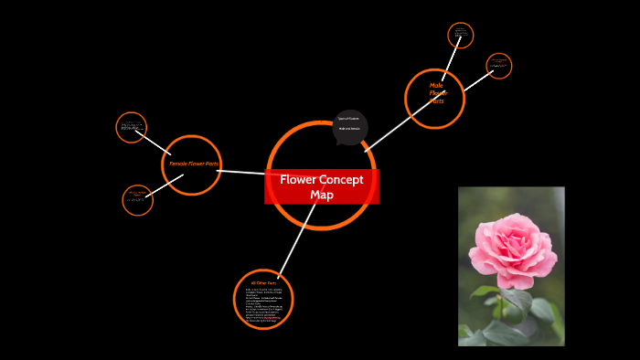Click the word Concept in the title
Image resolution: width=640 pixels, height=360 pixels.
tap(339, 180)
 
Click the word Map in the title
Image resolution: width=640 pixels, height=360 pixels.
tap(322, 195)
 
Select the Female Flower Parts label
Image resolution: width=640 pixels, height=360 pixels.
tap(193, 164)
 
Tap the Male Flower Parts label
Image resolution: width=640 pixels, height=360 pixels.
tap(437, 92)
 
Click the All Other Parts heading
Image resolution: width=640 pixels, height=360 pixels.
tap(262, 284)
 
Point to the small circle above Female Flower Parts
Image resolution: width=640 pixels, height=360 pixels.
tap(132, 127)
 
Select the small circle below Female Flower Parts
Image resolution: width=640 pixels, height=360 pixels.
tap(137, 200)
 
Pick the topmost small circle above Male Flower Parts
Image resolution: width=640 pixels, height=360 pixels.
tap(461, 36)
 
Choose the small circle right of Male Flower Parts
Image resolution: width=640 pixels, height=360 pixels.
tap(498, 66)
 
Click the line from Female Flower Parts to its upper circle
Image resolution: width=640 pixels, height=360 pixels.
tap(156, 143)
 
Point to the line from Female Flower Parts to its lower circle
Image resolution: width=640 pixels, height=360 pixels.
tap(163, 185)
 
